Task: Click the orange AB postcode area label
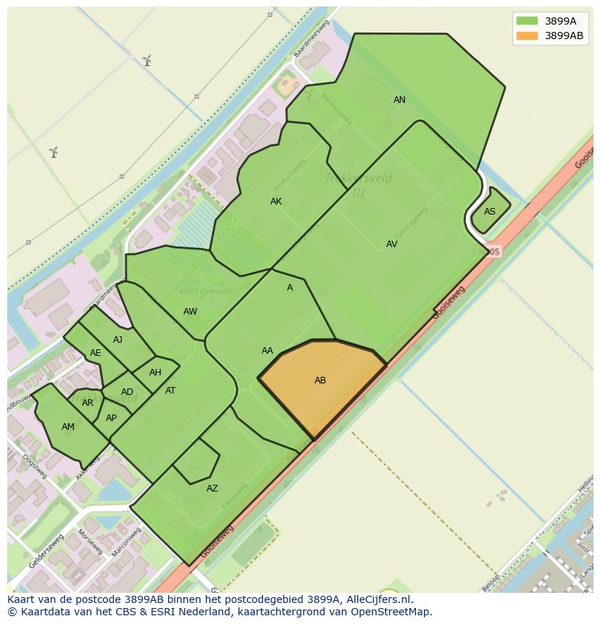320,380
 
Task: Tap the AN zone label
399,100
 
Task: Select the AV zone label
391,244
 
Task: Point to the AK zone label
276,201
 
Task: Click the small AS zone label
490,212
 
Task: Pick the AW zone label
190,312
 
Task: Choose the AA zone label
267,351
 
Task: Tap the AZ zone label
212,488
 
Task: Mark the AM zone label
68,427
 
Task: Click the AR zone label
88,403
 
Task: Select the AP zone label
111,418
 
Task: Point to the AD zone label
127,392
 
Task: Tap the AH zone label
155,373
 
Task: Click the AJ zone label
117,340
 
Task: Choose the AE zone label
95,353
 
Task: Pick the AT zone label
170,391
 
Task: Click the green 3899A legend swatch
527,21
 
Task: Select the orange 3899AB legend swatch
527,36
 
